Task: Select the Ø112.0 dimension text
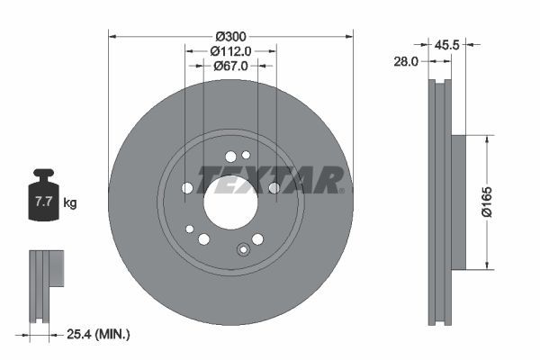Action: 230,51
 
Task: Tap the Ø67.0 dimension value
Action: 230,66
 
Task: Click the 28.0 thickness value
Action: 407,61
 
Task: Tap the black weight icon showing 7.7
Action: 43,199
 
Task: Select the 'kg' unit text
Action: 70,203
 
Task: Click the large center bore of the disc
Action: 230,197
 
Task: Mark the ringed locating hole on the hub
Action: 241,249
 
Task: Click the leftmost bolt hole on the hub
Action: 187,188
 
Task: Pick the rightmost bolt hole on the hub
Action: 274,187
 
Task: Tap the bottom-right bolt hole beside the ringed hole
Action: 258,238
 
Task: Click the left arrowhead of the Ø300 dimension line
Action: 113,37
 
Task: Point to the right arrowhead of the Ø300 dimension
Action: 347,37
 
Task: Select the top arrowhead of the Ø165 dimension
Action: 489,139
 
